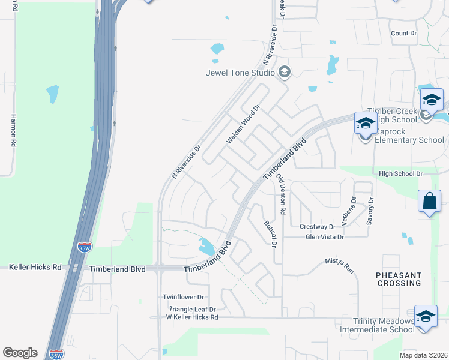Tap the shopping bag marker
click(430, 201)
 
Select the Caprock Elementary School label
click(409, 140)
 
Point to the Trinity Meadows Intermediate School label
click(377, 325)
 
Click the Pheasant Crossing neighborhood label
click(406, 279)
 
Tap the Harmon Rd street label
click(13, 131)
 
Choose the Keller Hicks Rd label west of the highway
click(35, 267)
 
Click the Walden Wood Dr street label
click(243, 125)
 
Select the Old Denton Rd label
click(280, 195)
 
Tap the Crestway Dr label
click(317, 227)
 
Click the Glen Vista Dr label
click(324, 237)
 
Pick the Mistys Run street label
click(340, 266)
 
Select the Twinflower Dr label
click(184, 297)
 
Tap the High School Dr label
click(400, 173)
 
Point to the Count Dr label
click(403, 34)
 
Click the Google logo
click(20, 353)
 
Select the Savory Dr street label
click(370, 208)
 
